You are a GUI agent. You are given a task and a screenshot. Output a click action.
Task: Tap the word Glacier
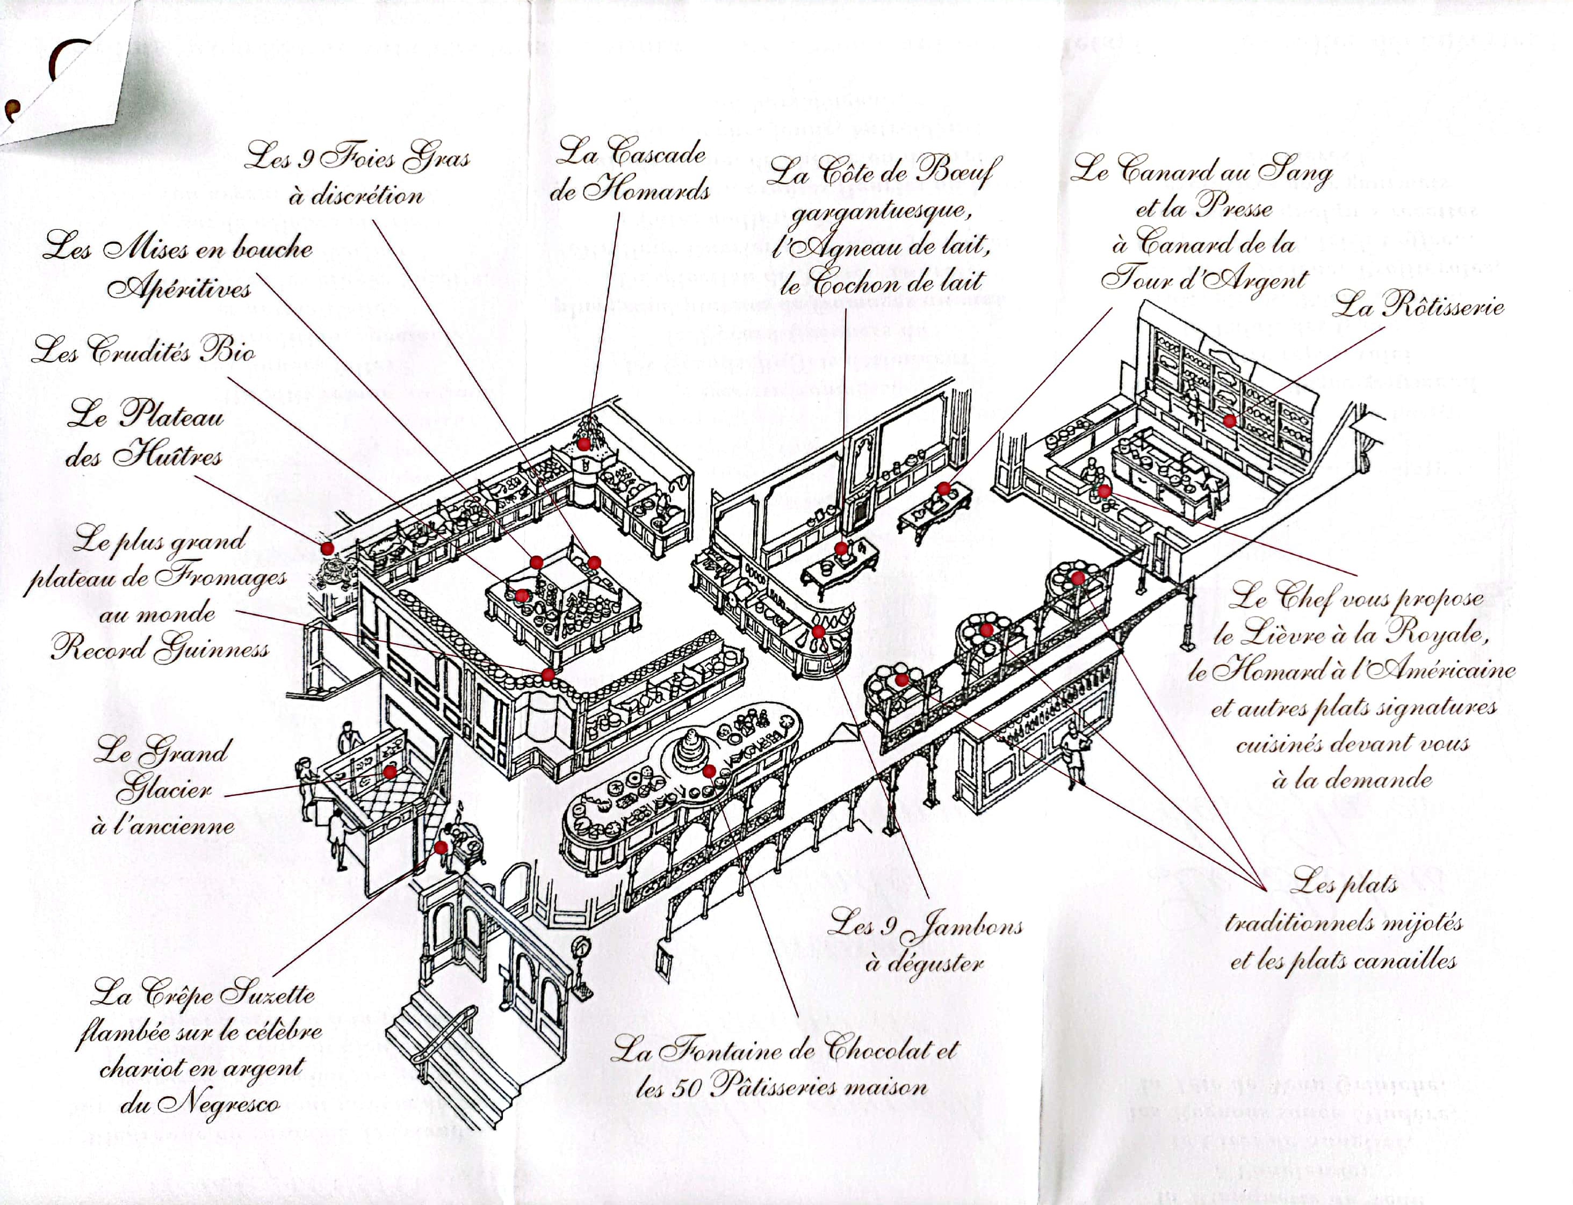pos(164,791)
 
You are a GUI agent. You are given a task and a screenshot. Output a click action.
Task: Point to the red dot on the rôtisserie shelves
pos(1229,421)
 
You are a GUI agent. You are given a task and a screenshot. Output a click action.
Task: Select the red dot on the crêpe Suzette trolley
pos(441,847)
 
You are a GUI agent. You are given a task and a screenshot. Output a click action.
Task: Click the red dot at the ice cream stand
pos(389,772)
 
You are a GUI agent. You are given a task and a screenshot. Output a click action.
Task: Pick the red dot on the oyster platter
pos(327,548)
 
